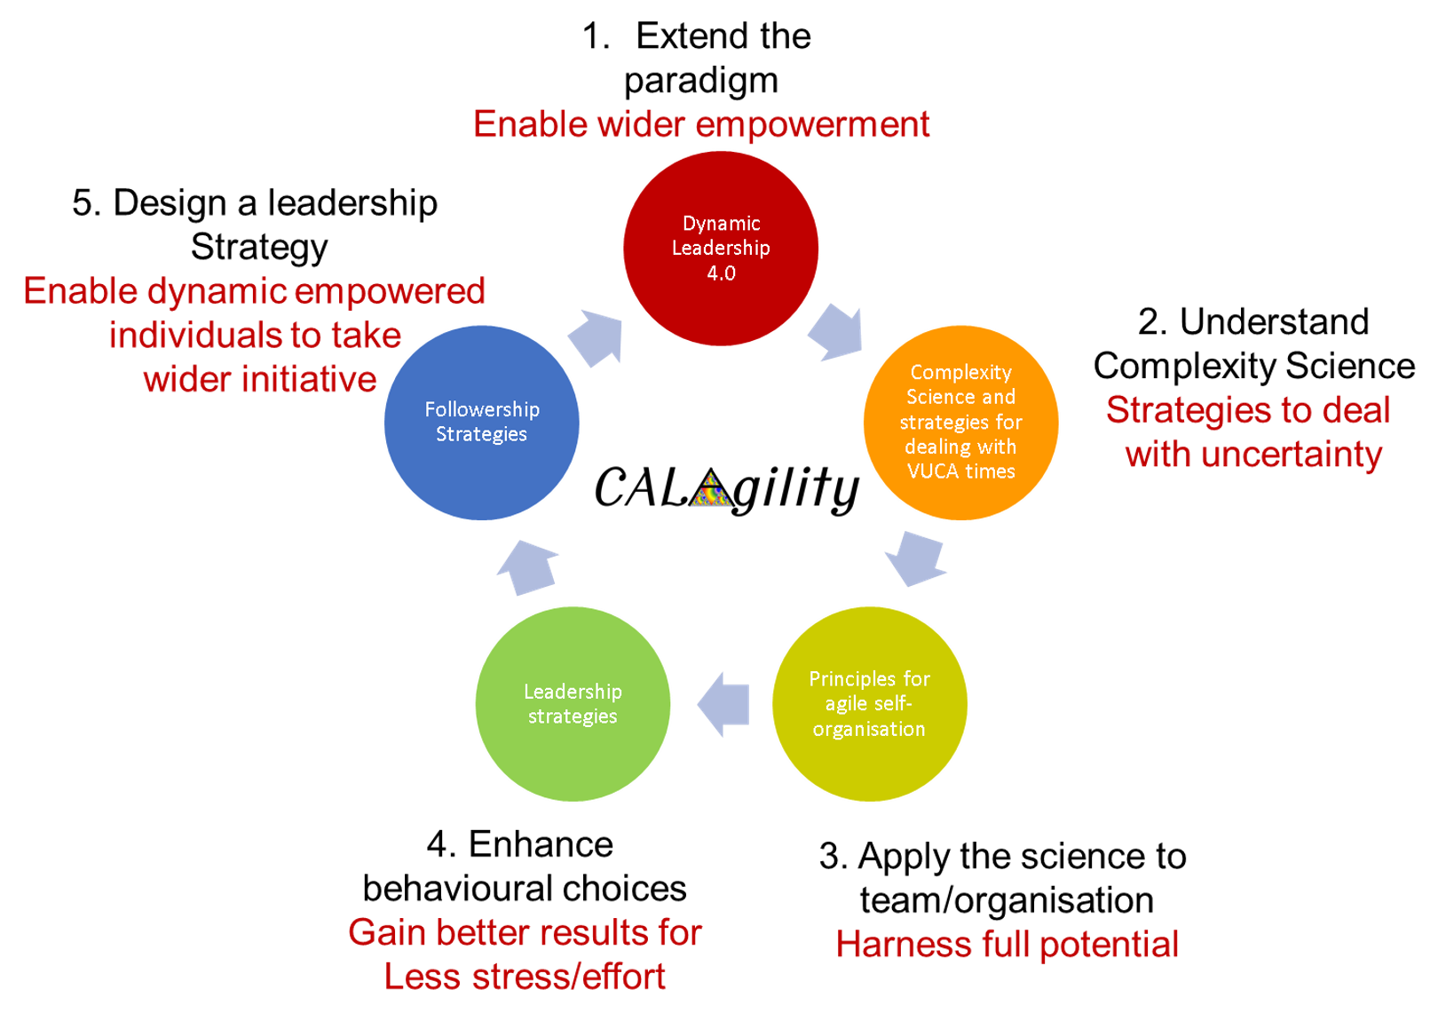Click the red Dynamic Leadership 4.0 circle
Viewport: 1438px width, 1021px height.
pos(720,249)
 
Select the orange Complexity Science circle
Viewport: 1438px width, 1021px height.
pos(960,423)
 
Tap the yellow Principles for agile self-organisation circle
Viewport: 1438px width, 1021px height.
pos(869,704)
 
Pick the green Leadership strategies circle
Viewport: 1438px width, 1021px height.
pos(573,704)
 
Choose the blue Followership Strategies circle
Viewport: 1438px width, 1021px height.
pos(481,423)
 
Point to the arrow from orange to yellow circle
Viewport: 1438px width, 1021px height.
pos(915,558)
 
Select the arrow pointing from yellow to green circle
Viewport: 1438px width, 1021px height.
pos(723,704)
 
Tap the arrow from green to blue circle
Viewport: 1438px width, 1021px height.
pos(527,567)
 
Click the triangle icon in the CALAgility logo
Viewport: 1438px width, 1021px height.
pos(711,488)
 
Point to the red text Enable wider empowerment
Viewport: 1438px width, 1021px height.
pos(701,124)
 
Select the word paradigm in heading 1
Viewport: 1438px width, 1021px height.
pos(701,81)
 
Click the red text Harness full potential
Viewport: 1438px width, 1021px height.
pos(1007,945)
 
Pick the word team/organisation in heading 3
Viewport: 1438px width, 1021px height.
pos(1007,900)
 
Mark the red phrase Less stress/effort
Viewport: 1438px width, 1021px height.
pos(525,977)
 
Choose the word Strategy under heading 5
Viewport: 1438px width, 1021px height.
pos(259,247)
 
